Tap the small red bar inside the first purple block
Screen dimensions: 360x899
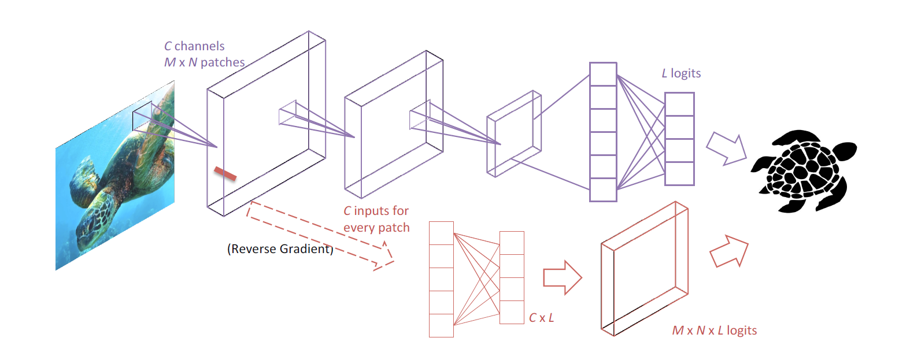pyautogui.click(x=225, y=173)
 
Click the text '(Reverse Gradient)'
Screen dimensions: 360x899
pyautogui.click(x=280, y=250)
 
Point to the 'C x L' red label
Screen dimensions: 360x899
pyautogui.click(x=542, y=317)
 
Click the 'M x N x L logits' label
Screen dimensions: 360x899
pyautogui.click(x=714, y=331)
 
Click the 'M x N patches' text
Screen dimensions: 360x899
pyautogui.click(x=204, y=62)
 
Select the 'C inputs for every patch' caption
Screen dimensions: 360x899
pyautogui.click(x=376, y=219)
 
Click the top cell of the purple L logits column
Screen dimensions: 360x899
pyautogui.click(x=679, y=105)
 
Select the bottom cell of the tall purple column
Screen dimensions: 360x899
pyautogui.click(x=603, y=190)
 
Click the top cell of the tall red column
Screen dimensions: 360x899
pyautogui.click(x=441, y=233)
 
